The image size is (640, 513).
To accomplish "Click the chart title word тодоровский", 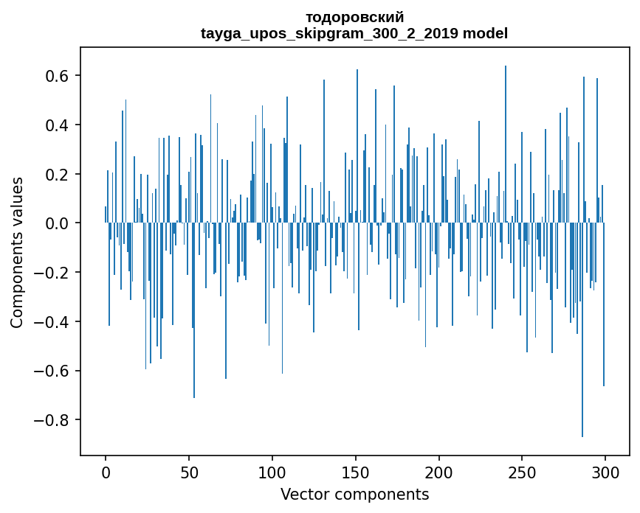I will [x=354, y=18].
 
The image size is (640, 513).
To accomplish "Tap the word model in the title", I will [x=485, y=33].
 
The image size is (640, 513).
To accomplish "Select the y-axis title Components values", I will [x=17, y=252].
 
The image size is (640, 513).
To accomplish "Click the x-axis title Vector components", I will [x=354, y=494].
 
